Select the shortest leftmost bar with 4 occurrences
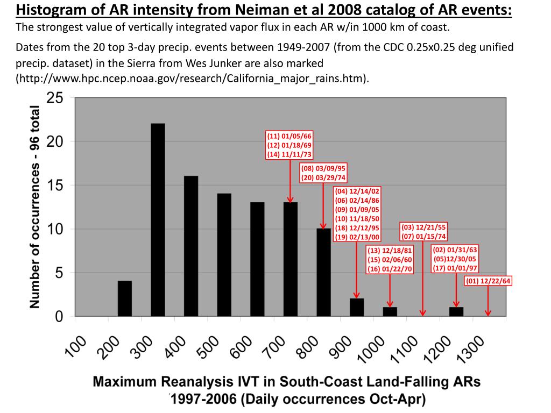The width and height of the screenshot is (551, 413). (x=125, y=298)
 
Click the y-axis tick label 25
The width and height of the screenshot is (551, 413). (x=55, y=98)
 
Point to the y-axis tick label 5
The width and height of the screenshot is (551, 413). (x=59, y=273)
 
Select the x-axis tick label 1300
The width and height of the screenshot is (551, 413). (x=476, y=355)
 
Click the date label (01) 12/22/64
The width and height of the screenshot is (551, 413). (x=488, y=280)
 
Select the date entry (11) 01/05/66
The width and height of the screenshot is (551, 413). (x=289, y=136)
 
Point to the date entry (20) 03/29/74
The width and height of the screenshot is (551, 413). (x=323, y=177)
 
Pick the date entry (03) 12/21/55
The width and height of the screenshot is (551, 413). (x=423, y=227)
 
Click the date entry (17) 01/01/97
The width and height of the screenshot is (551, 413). (x=455, y=268)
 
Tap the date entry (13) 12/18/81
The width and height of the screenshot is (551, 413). (x=390, y=251)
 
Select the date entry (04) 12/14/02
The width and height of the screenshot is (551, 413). (x=357, y=191)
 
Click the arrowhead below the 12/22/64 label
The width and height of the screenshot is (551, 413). (x=488, y=314)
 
